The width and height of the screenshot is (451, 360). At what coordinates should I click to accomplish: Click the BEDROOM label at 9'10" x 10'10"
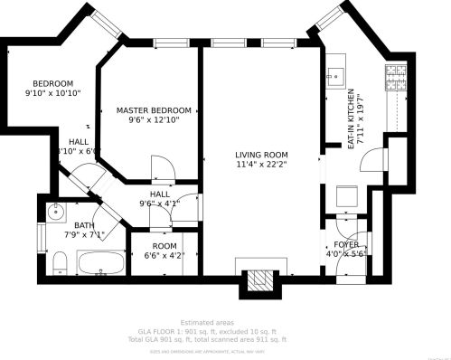(52, 83)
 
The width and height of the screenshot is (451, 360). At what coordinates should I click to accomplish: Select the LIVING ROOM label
(261, 155)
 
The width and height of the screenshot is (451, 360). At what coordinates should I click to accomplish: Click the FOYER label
(346, 245)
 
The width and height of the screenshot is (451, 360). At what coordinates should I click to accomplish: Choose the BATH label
(84, 226)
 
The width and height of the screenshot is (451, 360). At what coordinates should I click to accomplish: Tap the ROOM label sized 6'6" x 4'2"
(164, 245)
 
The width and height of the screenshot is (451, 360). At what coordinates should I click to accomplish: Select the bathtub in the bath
(101, 263)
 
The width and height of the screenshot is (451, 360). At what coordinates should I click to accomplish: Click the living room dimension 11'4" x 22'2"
(261, 166)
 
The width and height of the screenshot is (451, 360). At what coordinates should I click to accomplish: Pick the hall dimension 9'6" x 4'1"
(159, 204)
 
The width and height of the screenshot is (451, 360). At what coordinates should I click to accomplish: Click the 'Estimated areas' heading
(207, 322)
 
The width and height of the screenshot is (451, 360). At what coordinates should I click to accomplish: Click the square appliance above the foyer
(346, 195)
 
